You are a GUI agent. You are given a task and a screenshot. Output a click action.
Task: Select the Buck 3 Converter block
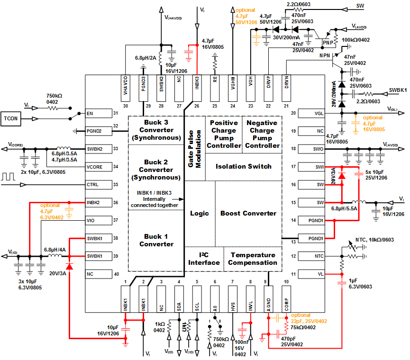pos(156,130)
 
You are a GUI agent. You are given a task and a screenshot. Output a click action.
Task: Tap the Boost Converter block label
pos(248,213)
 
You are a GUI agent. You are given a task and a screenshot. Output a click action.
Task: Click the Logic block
pos(200,213)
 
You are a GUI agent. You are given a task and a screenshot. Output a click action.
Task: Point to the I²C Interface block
pos(204,259)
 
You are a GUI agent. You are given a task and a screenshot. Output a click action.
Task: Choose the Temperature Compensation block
pos(253,259)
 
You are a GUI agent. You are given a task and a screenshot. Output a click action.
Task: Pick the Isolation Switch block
pos(243,166)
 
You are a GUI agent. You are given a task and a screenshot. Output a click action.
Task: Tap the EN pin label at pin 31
pos(90,113)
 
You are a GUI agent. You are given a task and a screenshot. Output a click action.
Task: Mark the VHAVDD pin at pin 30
pos(126,84)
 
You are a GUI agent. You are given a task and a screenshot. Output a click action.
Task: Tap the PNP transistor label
pos(328,43)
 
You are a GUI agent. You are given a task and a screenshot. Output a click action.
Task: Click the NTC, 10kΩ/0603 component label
pos(375,240)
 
